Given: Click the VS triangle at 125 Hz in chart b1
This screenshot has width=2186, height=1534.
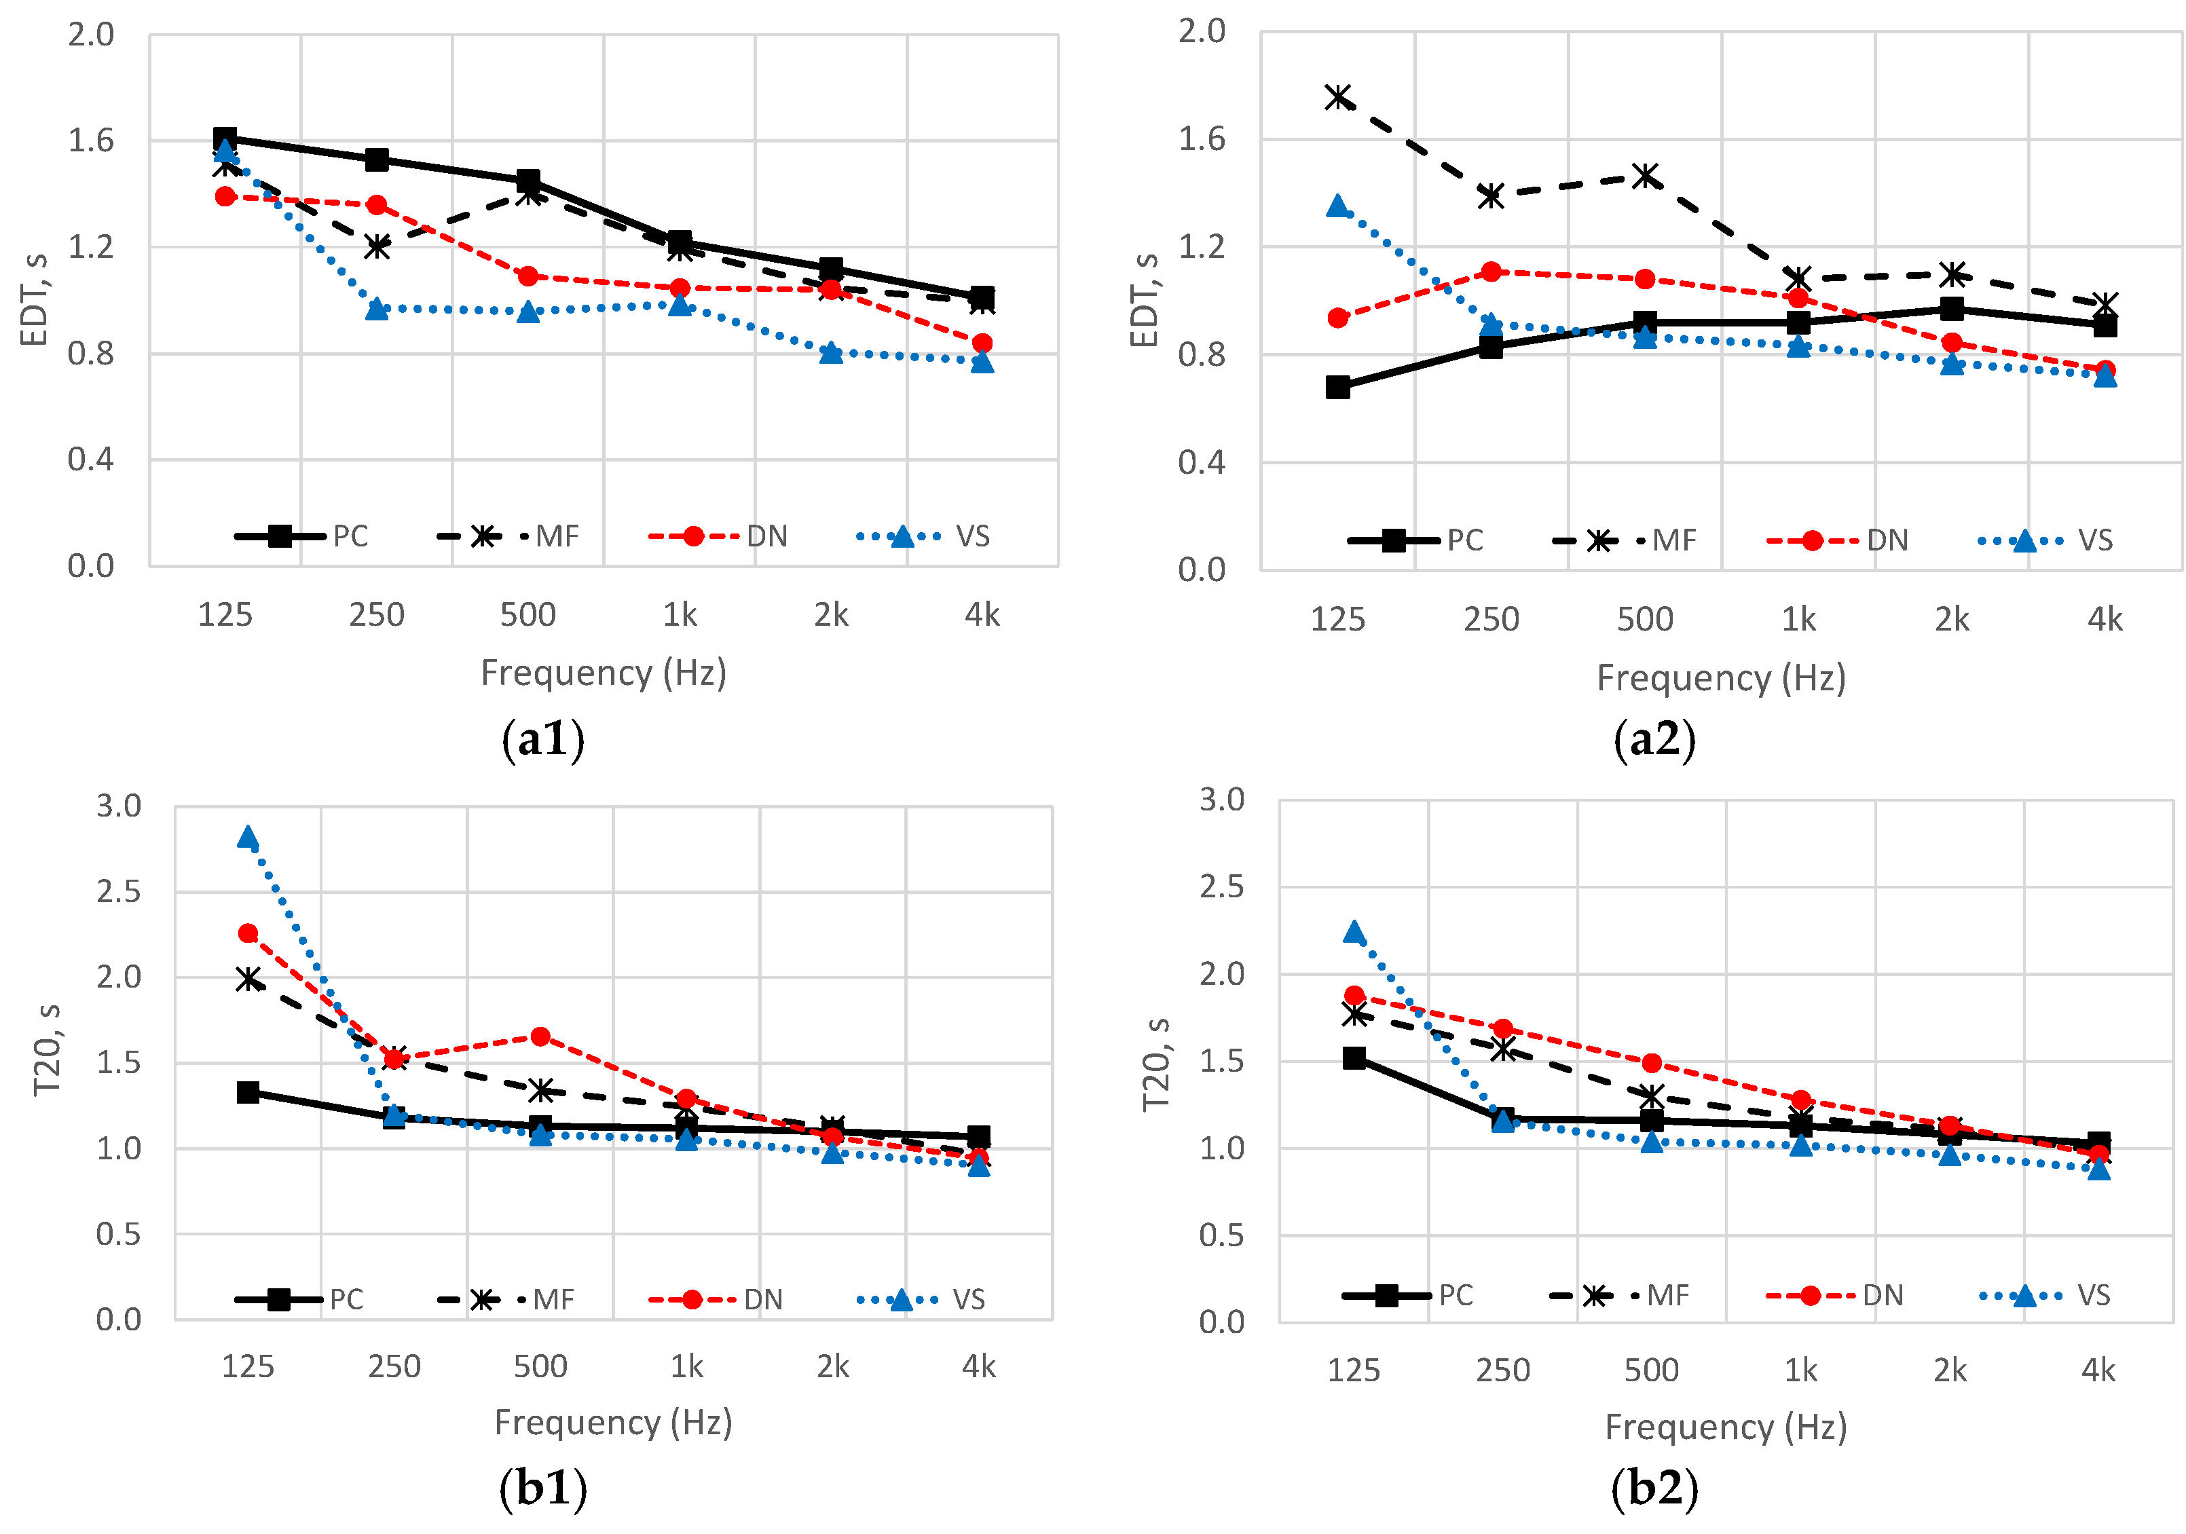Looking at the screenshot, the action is coord(248,837).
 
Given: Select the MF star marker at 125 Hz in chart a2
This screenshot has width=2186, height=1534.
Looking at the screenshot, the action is coord(1339,97).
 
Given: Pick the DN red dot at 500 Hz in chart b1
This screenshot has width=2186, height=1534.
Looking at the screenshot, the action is coord(540,1036).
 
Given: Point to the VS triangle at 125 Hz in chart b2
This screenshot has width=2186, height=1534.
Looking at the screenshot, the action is coord(1354,931).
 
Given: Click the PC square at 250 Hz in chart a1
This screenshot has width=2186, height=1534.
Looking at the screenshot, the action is coord(377,159).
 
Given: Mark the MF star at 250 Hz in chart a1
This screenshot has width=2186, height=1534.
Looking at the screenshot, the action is coord(377,246).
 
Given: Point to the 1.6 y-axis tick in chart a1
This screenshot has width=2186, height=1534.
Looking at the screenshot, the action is coord(90,141).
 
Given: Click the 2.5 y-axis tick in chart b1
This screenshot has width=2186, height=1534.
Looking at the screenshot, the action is coord(118,891).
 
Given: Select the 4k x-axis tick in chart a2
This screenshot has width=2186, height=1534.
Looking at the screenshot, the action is coord(2105,620).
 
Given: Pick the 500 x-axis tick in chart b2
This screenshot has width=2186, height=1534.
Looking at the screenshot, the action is coord(1651,1370).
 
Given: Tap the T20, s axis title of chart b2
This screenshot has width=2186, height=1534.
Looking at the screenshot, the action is coord(1156,1064).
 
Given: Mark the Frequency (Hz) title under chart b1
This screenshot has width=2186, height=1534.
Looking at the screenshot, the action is coord(613,1423).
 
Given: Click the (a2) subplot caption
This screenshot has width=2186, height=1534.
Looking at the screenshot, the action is coord(1654,740).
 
